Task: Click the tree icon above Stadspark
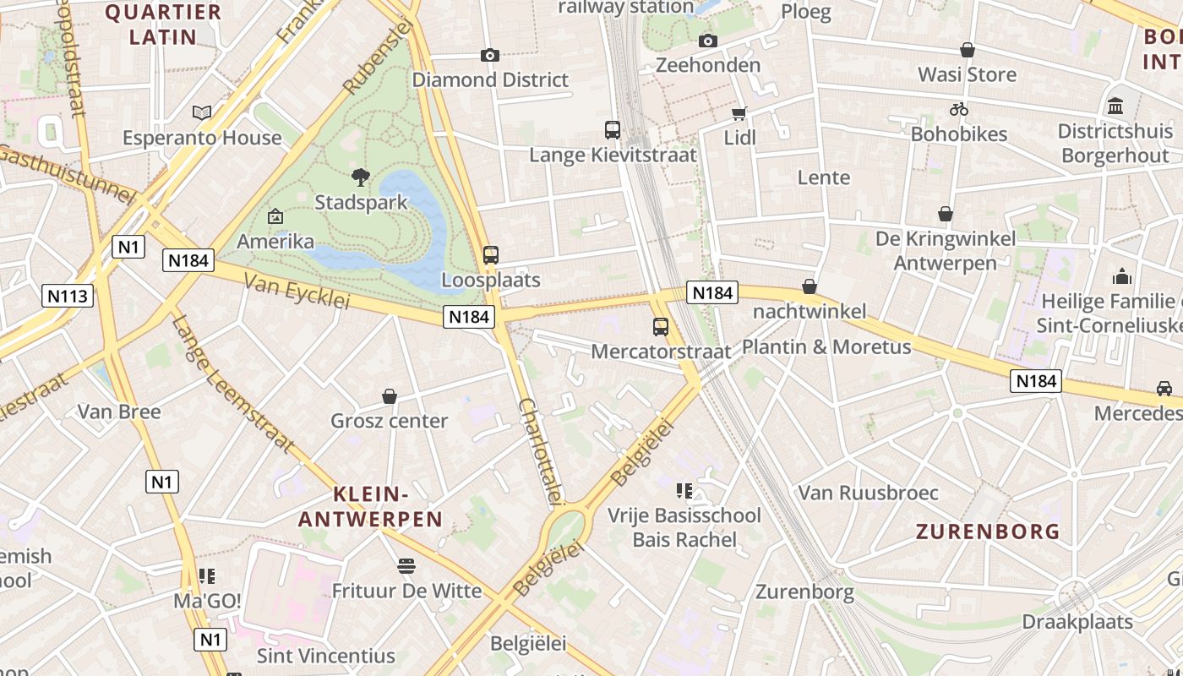click(x=361, y=177)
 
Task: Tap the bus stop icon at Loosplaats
click(x=490, y=254)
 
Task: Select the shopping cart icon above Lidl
click(x=739, y=113)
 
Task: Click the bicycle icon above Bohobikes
click(x=958, y=109)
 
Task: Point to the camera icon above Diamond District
click(x=489, y=55)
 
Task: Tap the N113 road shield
click(x=68, y=296)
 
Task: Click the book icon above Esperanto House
click(x=201, y=112)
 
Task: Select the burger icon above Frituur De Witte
click(x=406, y=565)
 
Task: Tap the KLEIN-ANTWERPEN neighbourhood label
click(x=371, y=506)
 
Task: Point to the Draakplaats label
click(x=1077, y=622)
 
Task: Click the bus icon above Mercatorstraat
click(x=660, y=326)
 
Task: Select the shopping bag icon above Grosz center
click(x=390, y=395)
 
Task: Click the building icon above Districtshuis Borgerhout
click(x=1115, y=106)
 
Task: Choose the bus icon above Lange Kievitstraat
click(x=613, y=130)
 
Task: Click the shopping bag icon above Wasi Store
click(x=967, y=50)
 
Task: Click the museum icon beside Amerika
click(x=275, y=216)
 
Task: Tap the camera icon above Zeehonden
click(x=708, y=41)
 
